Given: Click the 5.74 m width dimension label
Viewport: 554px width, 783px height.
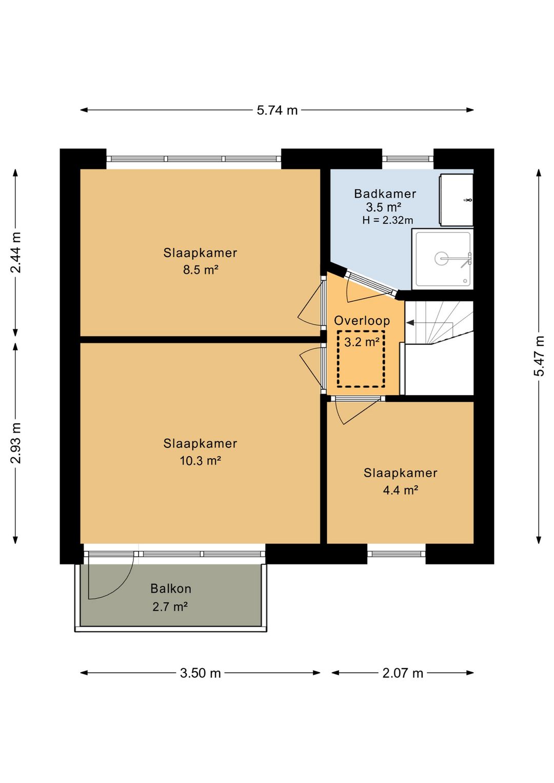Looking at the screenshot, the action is point(277,110).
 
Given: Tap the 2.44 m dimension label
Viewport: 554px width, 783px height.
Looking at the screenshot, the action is point(16,252).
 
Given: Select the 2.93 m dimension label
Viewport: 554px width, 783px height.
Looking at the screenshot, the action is point(16,443).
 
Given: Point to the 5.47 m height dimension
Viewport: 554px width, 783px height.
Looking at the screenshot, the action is point(539,356).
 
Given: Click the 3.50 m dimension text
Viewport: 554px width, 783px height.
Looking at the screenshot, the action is point(200,673).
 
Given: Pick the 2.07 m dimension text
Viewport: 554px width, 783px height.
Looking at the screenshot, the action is point(403,673).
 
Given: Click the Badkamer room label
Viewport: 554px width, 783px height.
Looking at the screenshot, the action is point(385,193).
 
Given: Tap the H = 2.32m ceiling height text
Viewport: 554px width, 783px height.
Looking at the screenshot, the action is point(388,220).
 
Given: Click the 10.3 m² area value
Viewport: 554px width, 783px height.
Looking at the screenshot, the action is point(200,460).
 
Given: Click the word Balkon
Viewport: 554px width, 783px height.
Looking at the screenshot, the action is point(171,589).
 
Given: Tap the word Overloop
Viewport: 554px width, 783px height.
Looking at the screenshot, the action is point(362,321).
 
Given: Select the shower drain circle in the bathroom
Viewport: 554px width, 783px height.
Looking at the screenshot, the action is point(441,258).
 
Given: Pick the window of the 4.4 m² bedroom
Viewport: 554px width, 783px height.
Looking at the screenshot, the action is point(397,554).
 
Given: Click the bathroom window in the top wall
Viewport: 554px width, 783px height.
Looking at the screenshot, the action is point(407,159).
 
